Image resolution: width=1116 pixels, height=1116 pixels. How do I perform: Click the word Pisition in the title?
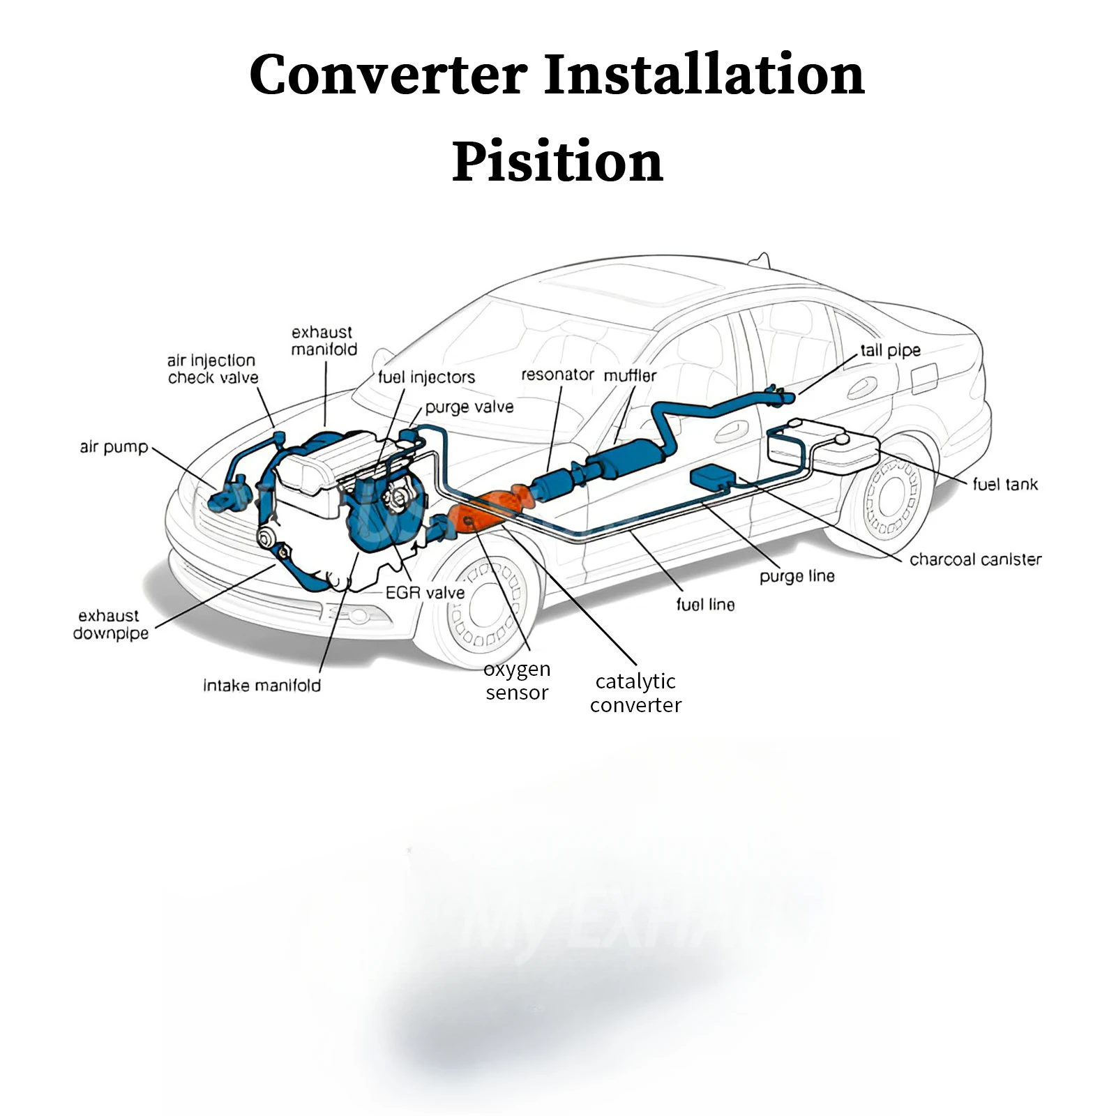(x=557, y=162)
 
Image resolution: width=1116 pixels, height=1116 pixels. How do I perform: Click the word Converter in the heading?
(x=388, y=74)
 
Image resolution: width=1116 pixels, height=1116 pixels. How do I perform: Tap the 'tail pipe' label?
(x=890, y=350)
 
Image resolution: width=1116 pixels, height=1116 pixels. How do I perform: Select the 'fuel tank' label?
(x=1004, y=484)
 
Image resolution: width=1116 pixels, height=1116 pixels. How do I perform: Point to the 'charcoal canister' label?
(x=975, y=559)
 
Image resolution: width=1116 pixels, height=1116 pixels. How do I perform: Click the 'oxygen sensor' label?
(x=517, y=681)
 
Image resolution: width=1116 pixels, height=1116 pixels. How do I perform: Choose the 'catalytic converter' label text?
(x=635, y=693)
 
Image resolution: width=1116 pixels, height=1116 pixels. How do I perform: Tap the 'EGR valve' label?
(x=425, y=593)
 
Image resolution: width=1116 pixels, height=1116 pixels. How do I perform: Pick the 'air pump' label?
(x=114, y=447)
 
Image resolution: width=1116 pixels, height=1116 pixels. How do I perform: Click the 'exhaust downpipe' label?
(x=111, y=624)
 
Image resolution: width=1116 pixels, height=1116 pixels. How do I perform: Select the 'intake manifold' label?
(x=262, y=686)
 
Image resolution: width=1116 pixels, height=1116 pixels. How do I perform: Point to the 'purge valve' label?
(x=469, y=407)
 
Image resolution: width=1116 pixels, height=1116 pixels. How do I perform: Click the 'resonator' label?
(x=557, y=375)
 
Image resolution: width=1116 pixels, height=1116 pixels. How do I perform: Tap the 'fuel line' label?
(x=705, y=605)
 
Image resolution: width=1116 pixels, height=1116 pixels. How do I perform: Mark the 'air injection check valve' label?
(x=213, y=369)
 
